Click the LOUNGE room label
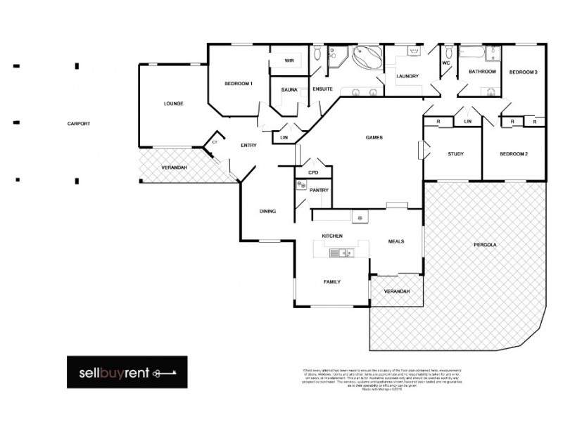pyautogui.click(x=173, y=103)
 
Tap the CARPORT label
pyautogui.click(x=78, y=124)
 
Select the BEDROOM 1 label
pyautogui.click(x=239, y=84)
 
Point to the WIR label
pyautogui.click(x=289, y=61)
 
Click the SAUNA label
pyautogui.click(x=289, y=89)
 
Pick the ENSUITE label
pyautogui.click(x=322, y=89)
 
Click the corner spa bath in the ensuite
pyautogui.click(x=367, y=58)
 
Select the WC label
pyautogui.click(x=446, y=63)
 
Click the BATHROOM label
pyautogui.click(x=483, y=72)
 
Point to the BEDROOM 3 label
pyautogui.click(x=524, y=72)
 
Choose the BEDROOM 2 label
pyautogui.click(x=514, y=154)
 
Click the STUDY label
pyautogui.click(x=455, y=154)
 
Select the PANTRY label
pyautogui.click(x=318, y=190)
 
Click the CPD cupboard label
pyautogui.click(x=314, y=172)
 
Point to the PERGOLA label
pyautogui.click(x=486, y=245)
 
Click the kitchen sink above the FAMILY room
pyautogui.click(x=340, y=253)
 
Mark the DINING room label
pyautogui.click(x=267, y=211)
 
